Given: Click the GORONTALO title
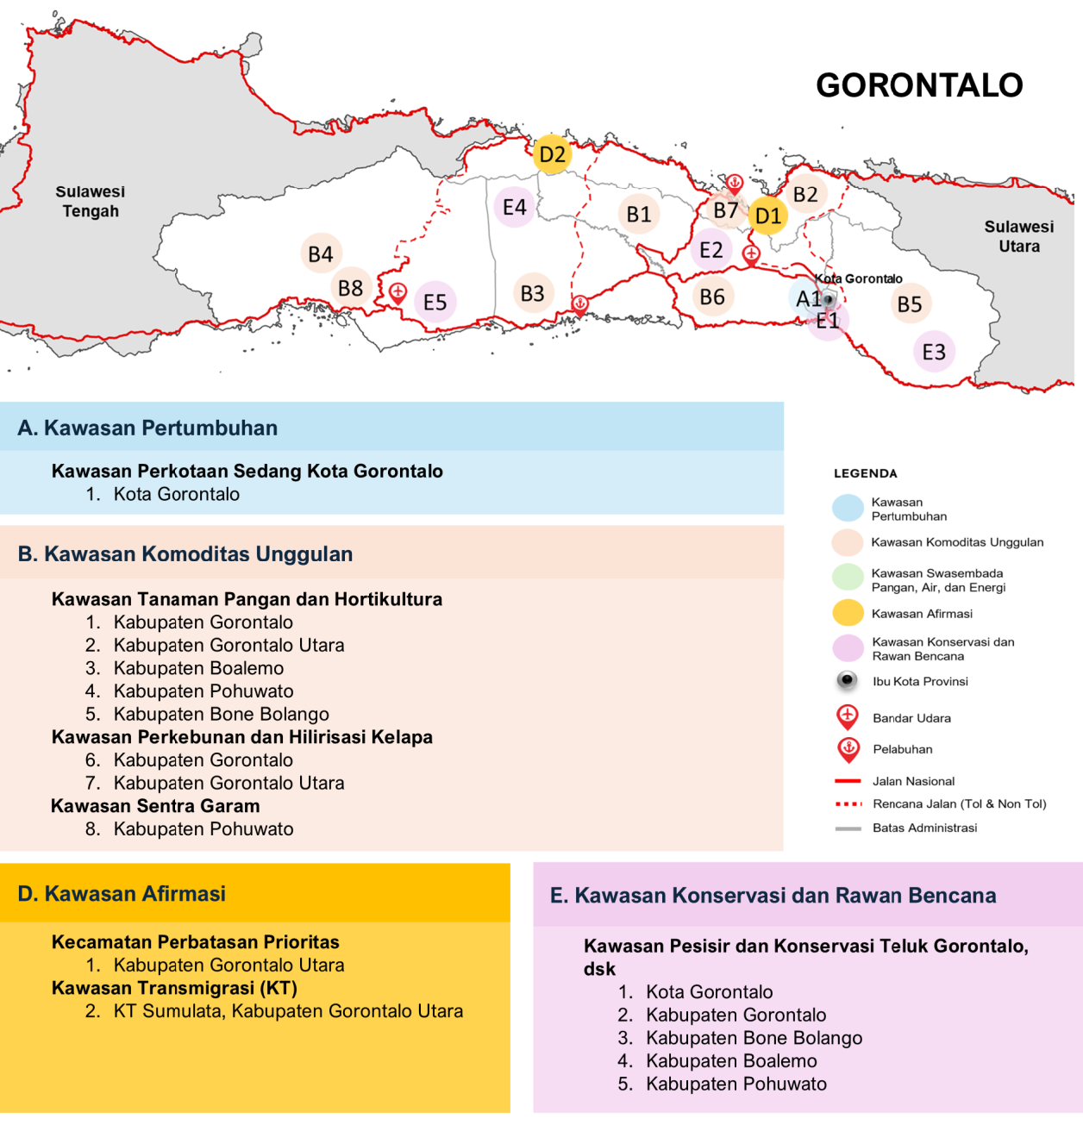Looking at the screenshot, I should (x=919, y=85).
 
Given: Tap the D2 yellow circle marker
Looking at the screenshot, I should (x=552, y=155).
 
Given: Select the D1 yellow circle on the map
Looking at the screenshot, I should (x=767, y=216).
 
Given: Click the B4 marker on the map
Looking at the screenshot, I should (x=321, y=254).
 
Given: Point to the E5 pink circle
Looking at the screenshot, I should (x=435, y=303).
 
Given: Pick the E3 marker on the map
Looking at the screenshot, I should (x=934, y=352).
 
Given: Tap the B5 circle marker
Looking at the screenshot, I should (x=910, y=304).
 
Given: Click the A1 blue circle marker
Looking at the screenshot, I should (x=807, y=299).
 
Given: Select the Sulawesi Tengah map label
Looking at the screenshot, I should (x=91, y=202).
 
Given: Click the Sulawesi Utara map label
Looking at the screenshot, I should (x=1019, y=236).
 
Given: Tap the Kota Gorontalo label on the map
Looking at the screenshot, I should (x=859, y=278).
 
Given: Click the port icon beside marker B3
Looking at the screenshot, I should (x=580, y=303).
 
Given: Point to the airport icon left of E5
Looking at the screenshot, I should (x=398, y=292).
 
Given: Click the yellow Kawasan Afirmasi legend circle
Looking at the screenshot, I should (x=848, y=613).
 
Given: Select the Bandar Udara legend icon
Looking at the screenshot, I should (x=848, y=716).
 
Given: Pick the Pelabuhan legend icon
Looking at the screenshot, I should (x=848, y=748).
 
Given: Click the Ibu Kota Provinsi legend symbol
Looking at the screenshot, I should (x=848, y=681).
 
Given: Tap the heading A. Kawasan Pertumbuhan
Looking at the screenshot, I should (x=147, y=428).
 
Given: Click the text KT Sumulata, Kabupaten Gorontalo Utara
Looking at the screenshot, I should (x=288, y=1011).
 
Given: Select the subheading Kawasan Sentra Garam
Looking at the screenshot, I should (x=155, y=806).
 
